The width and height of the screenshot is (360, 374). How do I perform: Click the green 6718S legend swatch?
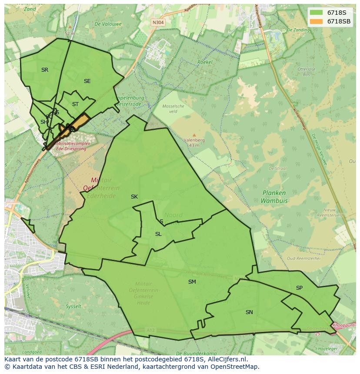coord(317,13)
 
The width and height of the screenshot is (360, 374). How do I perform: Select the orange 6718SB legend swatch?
coord(317,21)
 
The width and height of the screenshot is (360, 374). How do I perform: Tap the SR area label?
coord(45,70)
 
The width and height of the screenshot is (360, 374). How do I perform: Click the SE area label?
coord(87,81)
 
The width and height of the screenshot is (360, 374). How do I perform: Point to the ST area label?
coord(75,104)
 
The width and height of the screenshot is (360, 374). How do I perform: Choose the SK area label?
coord(134,197)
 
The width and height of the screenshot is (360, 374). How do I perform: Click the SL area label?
coord(158,234)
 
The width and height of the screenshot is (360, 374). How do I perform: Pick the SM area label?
coord(192,282)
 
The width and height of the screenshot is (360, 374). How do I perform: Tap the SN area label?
coord(249,312)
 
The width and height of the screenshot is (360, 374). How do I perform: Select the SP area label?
coord(299,288)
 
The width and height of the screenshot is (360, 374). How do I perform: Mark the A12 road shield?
coord(151,331)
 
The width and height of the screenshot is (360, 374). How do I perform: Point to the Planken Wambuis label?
coord(274,197)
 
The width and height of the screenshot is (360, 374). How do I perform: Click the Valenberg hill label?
coord(194,140)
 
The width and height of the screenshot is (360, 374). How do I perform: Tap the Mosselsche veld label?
coord(173,109)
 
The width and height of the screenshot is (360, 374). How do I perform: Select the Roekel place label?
coord(205,62)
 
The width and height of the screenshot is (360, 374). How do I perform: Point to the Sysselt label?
coord(73,306)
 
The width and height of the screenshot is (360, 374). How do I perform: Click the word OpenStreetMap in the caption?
coord(234,367)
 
